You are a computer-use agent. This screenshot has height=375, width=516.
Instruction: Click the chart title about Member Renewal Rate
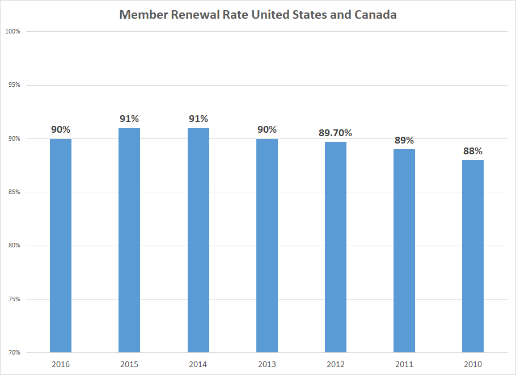[257, 15]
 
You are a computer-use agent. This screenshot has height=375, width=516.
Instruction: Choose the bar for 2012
[336, 247]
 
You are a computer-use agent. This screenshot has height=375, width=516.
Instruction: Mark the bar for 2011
[404, 250]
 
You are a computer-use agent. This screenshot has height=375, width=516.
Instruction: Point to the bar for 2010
[473, 256]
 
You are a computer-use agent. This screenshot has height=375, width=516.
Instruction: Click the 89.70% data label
[336, 133]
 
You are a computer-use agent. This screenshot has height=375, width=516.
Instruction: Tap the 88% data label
[473, 151]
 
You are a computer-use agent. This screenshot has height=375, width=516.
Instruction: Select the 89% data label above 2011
[404, 141]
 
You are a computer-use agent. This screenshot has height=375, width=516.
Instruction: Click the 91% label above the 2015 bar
[129, 119]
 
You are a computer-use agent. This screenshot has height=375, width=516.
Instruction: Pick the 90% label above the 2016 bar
[61, 130]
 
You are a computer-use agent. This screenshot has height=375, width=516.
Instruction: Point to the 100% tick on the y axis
[12, 32]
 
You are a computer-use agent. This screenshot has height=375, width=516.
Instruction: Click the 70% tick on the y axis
[14, 352]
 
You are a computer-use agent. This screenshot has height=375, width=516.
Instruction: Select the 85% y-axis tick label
[14, 192]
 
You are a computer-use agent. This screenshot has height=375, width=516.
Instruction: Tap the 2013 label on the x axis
[267, 364]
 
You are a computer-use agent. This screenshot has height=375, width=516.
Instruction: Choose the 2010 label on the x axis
[473, 364]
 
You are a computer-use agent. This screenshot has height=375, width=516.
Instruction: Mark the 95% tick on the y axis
[14, 85]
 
